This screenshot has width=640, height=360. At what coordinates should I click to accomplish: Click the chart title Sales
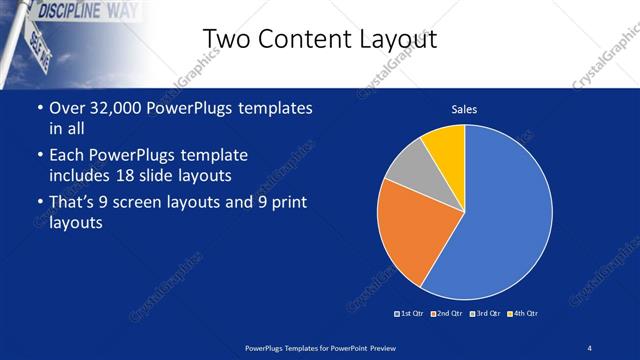click(x=464, y=108)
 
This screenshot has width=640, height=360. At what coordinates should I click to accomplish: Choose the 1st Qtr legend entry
click(x=410, y=313)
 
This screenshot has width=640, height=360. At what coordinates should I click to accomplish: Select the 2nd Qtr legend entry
click(x=447, y=313)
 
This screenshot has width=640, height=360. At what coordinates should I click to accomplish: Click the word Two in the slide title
click(x=225, y=39)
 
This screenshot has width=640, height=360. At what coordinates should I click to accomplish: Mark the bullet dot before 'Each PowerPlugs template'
click(x=39, y=156)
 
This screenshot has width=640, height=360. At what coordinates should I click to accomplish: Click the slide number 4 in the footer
click(x=590, y=347)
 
